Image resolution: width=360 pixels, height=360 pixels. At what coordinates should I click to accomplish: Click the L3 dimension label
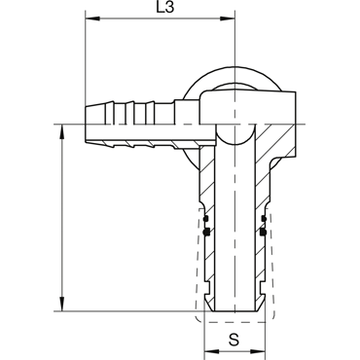coord(165,7)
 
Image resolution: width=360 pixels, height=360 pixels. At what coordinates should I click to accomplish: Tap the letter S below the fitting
coord(234,340)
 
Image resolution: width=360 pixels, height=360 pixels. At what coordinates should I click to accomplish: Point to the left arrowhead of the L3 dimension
coord(92,18)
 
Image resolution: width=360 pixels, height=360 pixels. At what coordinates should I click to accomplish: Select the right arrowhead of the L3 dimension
coord(227,18)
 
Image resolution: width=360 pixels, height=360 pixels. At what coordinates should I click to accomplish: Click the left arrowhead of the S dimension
coord(211,352)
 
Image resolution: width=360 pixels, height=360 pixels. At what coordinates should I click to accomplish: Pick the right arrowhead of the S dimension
coord(259,352)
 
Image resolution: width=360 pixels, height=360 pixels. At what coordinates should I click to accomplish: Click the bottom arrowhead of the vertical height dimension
coord(61,305)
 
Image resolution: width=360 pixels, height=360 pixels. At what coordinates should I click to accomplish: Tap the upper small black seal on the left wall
coord(205,219)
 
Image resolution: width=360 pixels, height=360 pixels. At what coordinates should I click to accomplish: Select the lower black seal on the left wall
coord(206,232)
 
